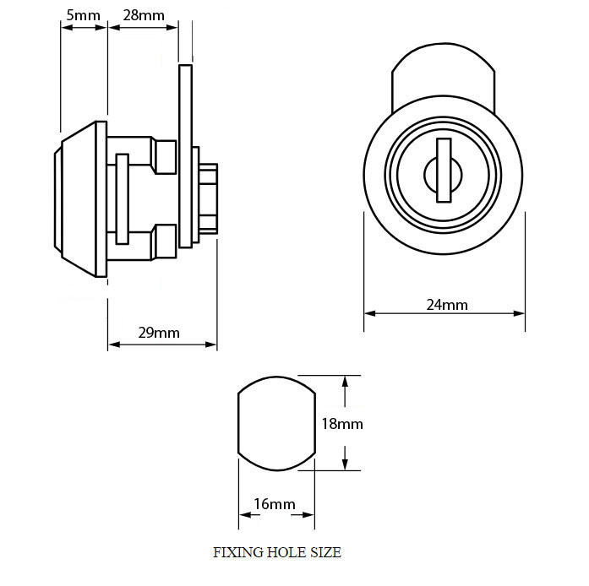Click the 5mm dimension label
(x=83, y=15)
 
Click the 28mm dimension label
(x=144, y=15)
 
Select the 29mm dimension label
(x=159, y=333)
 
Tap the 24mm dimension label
(x=447, y=305)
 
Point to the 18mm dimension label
(x=342, y=424)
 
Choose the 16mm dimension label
(x=275, y=504)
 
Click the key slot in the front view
(x=444, y=170)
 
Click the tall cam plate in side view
(x=186, y=156)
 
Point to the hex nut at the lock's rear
(x=209, y=199)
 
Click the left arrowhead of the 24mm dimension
(x=369, y=313)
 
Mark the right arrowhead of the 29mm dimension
(x=211, y=345)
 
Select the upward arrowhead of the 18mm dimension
(x=346, y=382)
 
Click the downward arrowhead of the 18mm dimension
(x=346, y=464)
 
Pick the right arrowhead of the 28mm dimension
(x=172, y=27)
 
